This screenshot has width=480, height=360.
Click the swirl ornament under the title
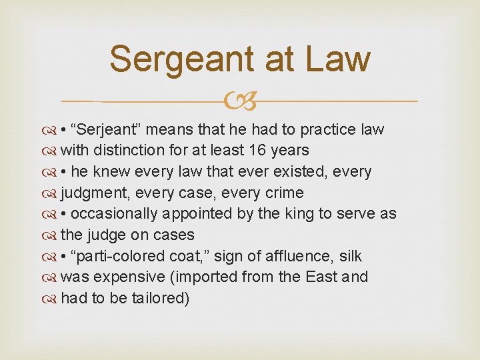click(x=240, y=101)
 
